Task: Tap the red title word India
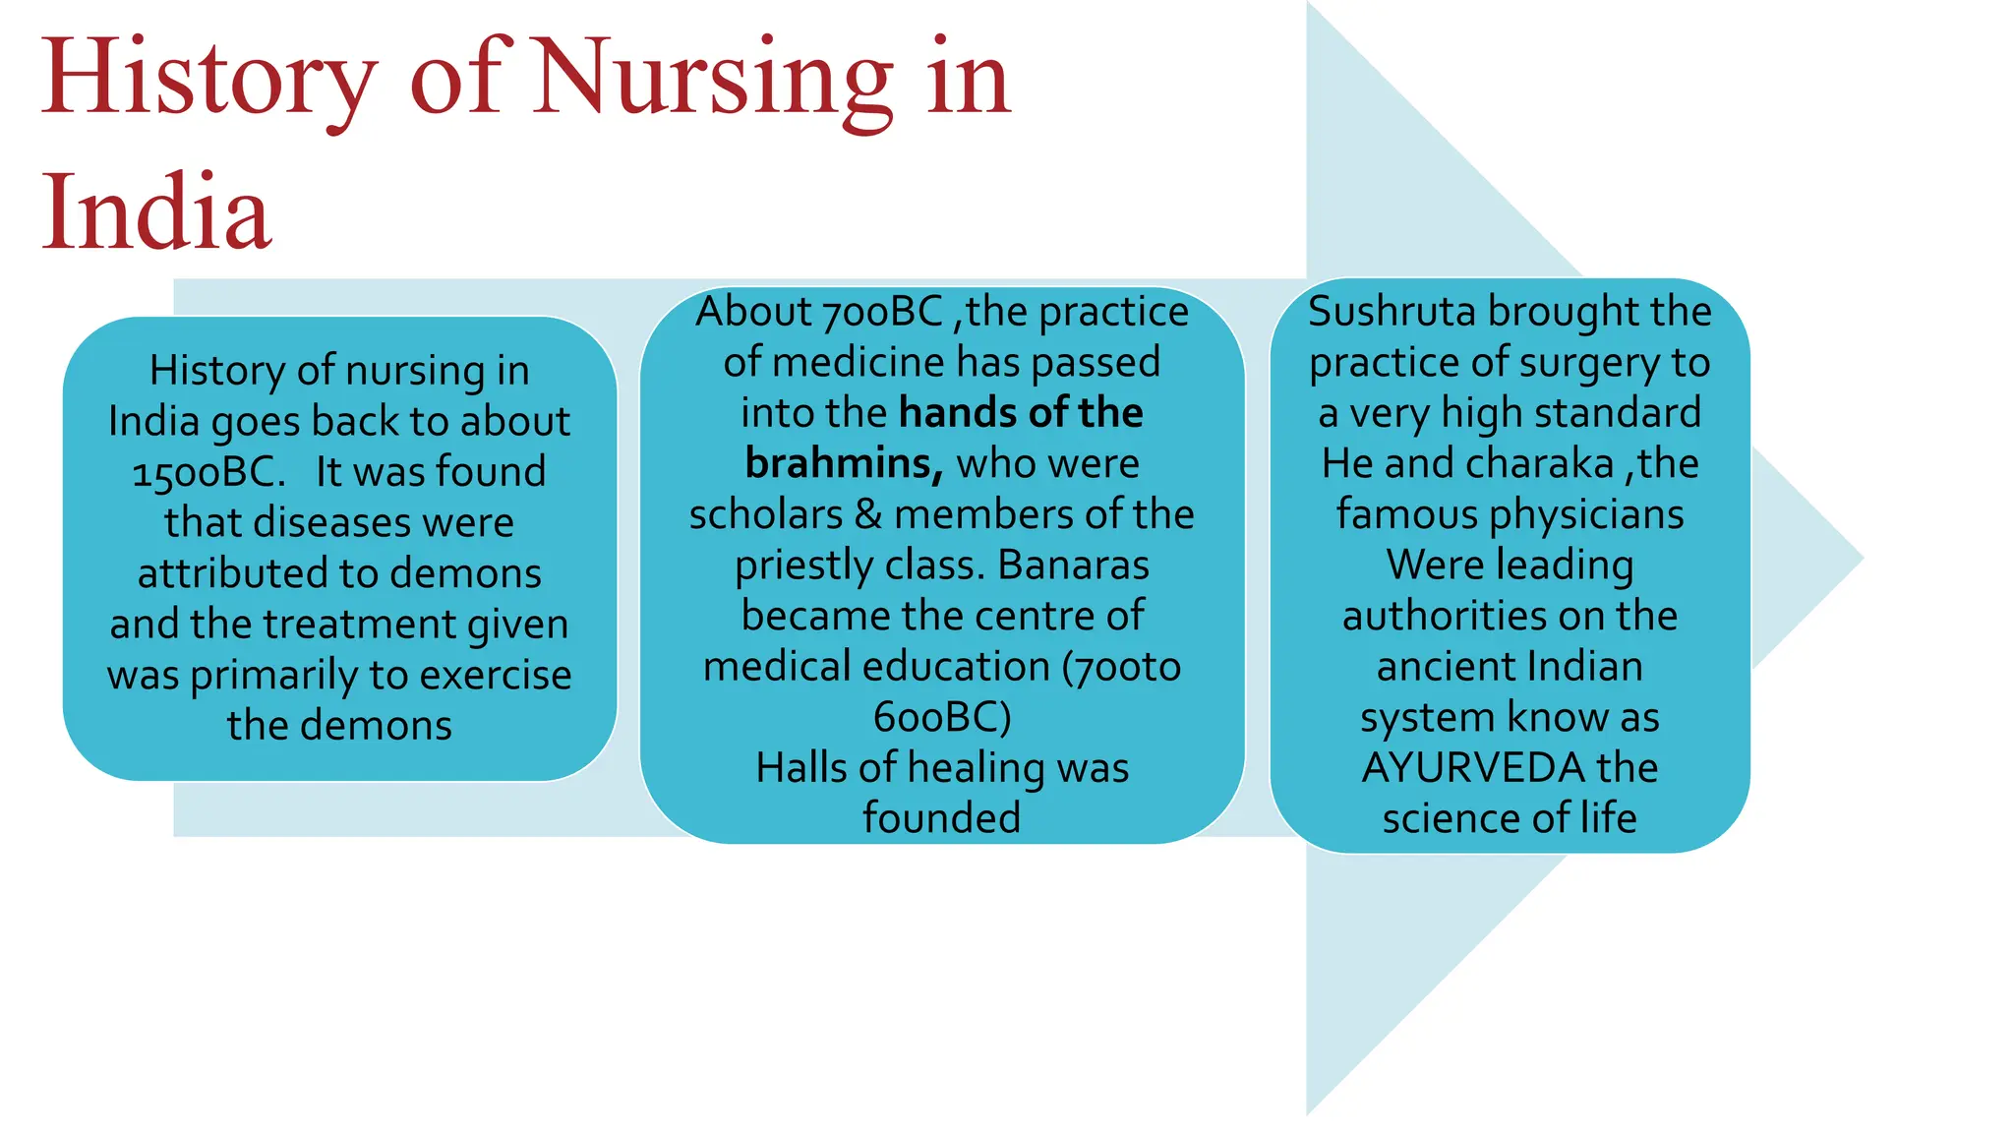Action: coord(155,212)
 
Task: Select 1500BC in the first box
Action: coord(208,473)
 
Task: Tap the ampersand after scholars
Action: coord(868,514)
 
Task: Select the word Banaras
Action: coord(1073,566)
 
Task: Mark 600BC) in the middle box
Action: coord(942,717)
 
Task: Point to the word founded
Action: coord(942,818)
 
